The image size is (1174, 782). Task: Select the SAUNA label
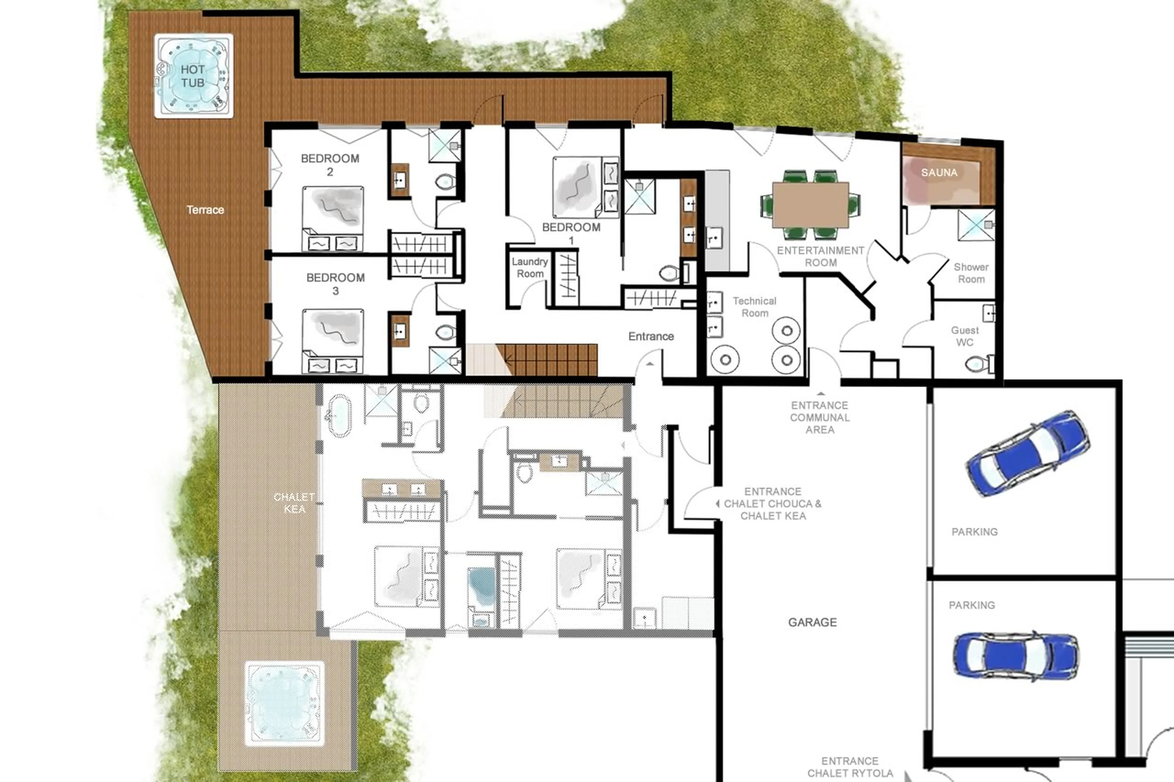[x=939, y=173]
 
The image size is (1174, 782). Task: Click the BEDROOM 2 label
[x=330, y=165]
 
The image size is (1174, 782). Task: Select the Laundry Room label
[x=530, y=268]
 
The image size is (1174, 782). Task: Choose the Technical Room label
[x=755, y=307]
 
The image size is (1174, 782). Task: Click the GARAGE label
[x=812, y=622]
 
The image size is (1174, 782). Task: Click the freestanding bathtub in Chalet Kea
[x=340, y=415]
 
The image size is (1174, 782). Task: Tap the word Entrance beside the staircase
[x=651, y=337]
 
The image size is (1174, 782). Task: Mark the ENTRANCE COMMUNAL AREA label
[x=819, y=417]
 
